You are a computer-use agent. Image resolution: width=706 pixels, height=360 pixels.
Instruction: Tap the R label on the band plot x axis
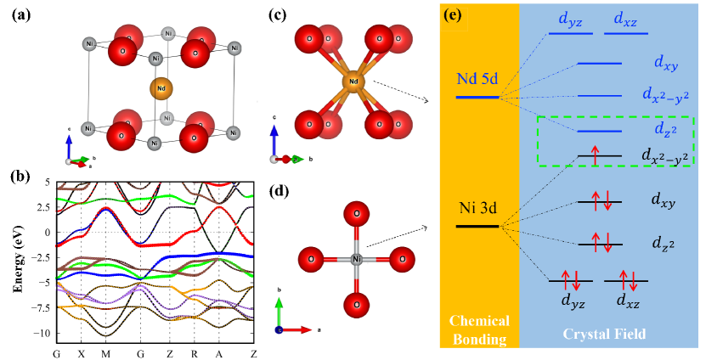[x=194, y=352]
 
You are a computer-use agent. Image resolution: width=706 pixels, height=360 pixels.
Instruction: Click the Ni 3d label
[x=477, y=207]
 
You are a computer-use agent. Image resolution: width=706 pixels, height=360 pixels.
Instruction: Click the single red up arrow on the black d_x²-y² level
[x=595, y=155]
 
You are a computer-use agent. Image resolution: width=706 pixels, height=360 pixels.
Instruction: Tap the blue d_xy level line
[x=600, y=64]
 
